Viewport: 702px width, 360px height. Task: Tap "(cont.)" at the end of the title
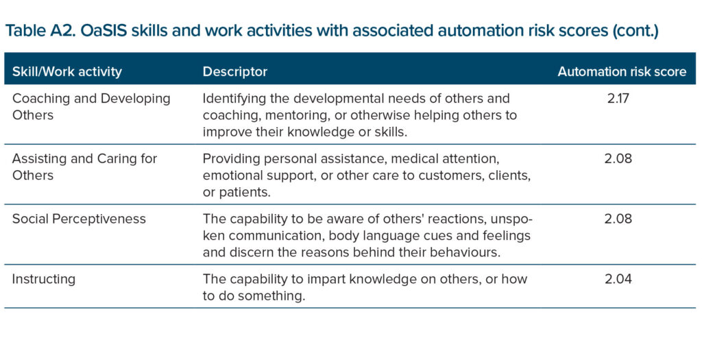pyautogui.click(x=636, y=32)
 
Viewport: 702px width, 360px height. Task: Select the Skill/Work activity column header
pyautogui.click(x=66, y=71)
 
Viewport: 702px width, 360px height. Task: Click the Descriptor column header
pyautogui.click(x=235, y=71)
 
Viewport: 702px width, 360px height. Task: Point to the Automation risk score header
pyautogui.click(x=622, y=71)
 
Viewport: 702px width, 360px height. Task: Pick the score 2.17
pyautogui.click(x=618, y=98)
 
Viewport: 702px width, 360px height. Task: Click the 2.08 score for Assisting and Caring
pyautogui.click(x=618, y=158)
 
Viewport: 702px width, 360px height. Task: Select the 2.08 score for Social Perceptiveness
pyautogui.click(x=618, y=219)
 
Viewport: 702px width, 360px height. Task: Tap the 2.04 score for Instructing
pyautogui.click(x=618, y=279)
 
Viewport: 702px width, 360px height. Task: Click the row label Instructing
pyautogui.click(x=43, y=279)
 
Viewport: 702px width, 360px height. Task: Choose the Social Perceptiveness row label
pyautogui.click(x=79, y=219)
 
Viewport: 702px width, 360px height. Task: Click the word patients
pyautogui.click(x=245, y=193)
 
